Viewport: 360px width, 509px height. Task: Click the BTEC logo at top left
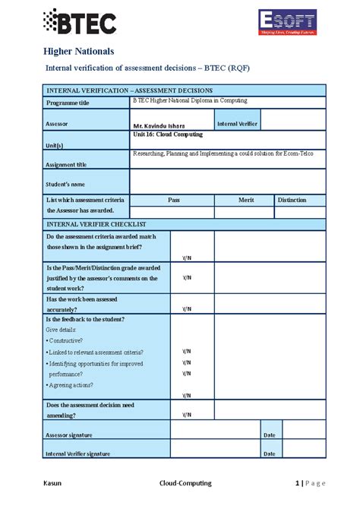80,23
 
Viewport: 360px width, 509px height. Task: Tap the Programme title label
68,103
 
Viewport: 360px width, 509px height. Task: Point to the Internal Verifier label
238,122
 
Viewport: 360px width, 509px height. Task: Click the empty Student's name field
227,182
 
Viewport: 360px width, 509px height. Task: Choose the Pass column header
173,200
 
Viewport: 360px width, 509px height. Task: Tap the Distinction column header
292,200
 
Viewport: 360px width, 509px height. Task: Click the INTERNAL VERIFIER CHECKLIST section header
96,224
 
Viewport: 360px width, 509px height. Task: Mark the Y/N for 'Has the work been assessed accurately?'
186,308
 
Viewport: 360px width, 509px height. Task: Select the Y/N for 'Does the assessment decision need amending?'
186,414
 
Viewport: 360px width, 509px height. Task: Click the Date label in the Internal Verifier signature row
269,454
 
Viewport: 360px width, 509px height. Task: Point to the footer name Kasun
52,483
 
